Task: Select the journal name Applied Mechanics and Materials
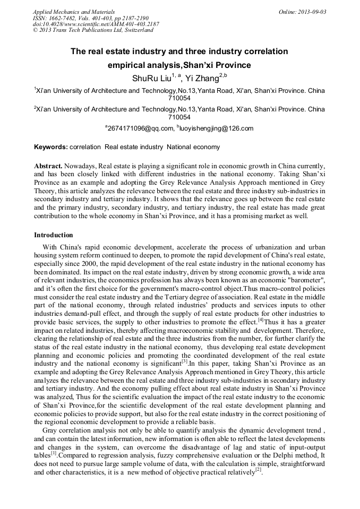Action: click(x=73, y=11)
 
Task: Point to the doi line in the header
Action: click(x=96, y=24)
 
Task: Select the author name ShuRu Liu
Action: click(x=151, y=79)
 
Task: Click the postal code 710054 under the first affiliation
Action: click(x=179, y=98)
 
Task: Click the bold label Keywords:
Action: click(x=51, y=146)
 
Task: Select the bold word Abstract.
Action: click(x=49, y=166)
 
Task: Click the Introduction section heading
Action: click(x=54, y=235)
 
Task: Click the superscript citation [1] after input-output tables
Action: click(x=54, y=453)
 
